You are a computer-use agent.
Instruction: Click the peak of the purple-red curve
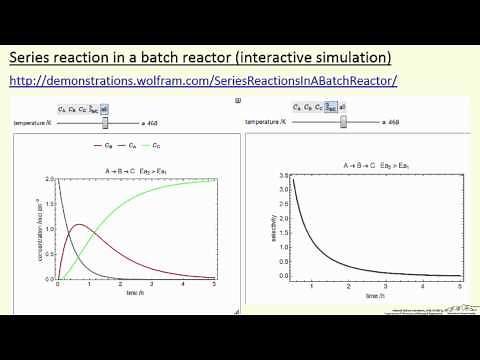point(82,225)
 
